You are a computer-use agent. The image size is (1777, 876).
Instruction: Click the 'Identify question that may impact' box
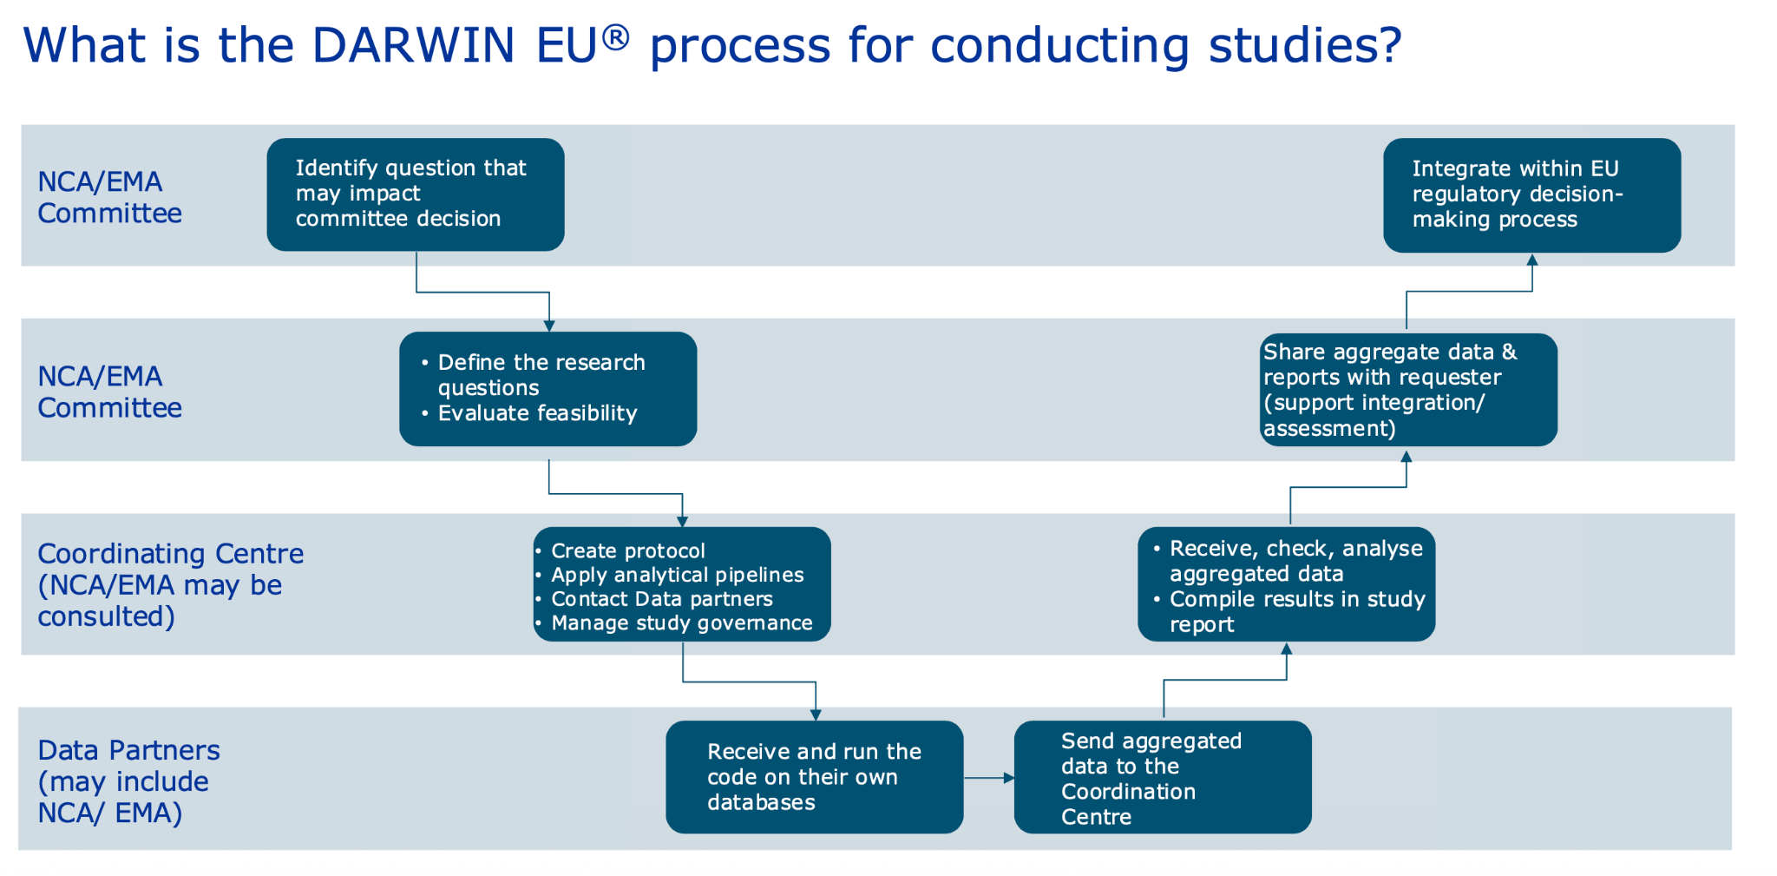click(x=416, y=194)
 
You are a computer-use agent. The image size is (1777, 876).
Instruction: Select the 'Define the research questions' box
click(x=548, y=389)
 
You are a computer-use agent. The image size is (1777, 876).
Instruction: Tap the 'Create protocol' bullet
click(x=620, y=551)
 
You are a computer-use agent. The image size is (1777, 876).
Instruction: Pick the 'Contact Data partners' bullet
click(x=654, y=599)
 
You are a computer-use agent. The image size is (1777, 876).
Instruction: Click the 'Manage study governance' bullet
click(x=674, y=623)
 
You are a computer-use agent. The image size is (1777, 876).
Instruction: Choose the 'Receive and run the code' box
click(x=815, y=777)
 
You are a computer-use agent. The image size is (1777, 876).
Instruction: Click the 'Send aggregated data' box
click(x=1163, y=777)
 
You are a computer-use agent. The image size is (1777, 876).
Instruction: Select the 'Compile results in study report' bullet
click(x=1290, y=611)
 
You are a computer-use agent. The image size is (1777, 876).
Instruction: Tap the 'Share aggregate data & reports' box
click(x=1408, y=390)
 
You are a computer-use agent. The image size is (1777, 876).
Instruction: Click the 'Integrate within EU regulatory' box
click(x=1532, y=195)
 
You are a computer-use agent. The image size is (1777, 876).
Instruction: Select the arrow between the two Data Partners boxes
click(x=989, y=778)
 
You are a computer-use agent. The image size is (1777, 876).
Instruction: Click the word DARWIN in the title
click(x=413, y=46)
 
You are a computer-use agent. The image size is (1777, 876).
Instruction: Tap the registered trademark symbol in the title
click(x=615, y=37)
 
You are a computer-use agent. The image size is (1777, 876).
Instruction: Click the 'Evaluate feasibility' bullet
click(x=529, y=413)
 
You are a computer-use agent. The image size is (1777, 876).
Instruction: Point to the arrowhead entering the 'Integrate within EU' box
click(x=1532, y=260)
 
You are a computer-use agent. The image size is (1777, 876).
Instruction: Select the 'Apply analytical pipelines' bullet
click(x=670, y=575)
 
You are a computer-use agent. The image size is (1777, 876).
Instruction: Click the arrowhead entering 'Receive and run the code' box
click(x=816, y=715)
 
